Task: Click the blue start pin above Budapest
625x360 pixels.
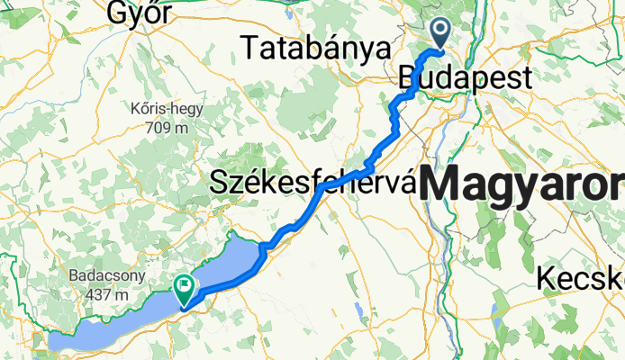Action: click(441, 33)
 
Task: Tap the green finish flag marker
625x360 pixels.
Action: click(184, 289)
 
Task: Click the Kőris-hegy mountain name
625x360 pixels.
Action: click(168, 109)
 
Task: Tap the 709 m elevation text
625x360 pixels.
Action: click(168, 127)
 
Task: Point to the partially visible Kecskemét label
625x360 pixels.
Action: click(581, 279)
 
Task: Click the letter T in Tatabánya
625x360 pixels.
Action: click(249, 47)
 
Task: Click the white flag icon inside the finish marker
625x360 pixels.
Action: click(185, 286)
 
